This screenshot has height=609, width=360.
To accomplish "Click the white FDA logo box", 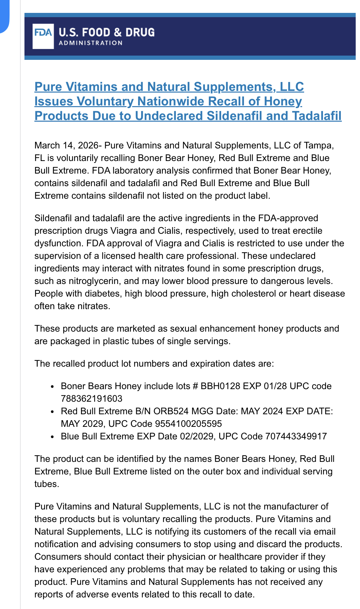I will [43, 36].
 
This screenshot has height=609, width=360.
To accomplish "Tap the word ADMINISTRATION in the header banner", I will [91, 43].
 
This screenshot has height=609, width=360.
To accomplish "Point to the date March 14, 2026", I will [66, 145].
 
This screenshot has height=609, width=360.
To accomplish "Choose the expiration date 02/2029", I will [197, 436].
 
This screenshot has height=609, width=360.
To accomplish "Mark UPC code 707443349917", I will [296, 436].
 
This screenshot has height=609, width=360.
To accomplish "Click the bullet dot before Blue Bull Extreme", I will [52, 437].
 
